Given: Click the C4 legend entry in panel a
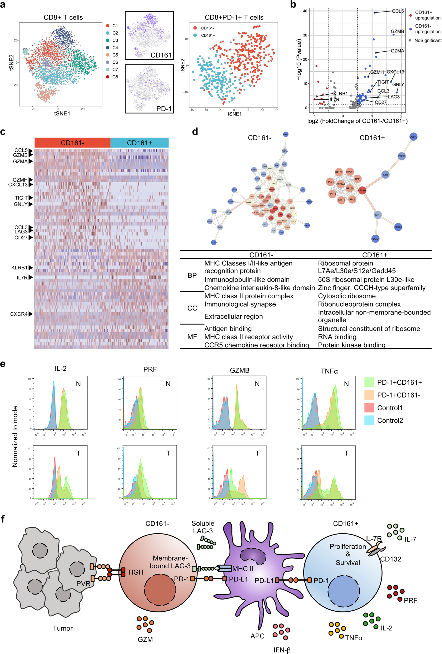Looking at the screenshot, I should coord(115,48).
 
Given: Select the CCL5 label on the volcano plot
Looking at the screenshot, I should coord(398,11).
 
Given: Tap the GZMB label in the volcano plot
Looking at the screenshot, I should coord(397,32).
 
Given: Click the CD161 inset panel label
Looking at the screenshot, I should coord(161,55).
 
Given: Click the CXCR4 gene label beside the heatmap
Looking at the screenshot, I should coord(19,314).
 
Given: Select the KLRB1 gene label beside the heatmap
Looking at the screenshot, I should coord(19,268).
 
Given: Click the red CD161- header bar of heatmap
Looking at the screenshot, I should coord(72,143).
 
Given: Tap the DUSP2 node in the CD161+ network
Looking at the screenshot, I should coord(413,137).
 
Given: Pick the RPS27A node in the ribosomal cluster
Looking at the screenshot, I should coord(362,190).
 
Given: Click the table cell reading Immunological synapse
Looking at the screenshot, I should coord(240,304).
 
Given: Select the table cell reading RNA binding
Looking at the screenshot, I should coord(337,337).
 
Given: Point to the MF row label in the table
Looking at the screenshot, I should coord(192,337).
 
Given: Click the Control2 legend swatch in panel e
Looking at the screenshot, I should coord(369,420).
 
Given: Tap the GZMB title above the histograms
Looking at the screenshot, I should coord(239,370).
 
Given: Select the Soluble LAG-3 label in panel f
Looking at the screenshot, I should coord(203,527).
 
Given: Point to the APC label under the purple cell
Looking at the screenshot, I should coord(257,636).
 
